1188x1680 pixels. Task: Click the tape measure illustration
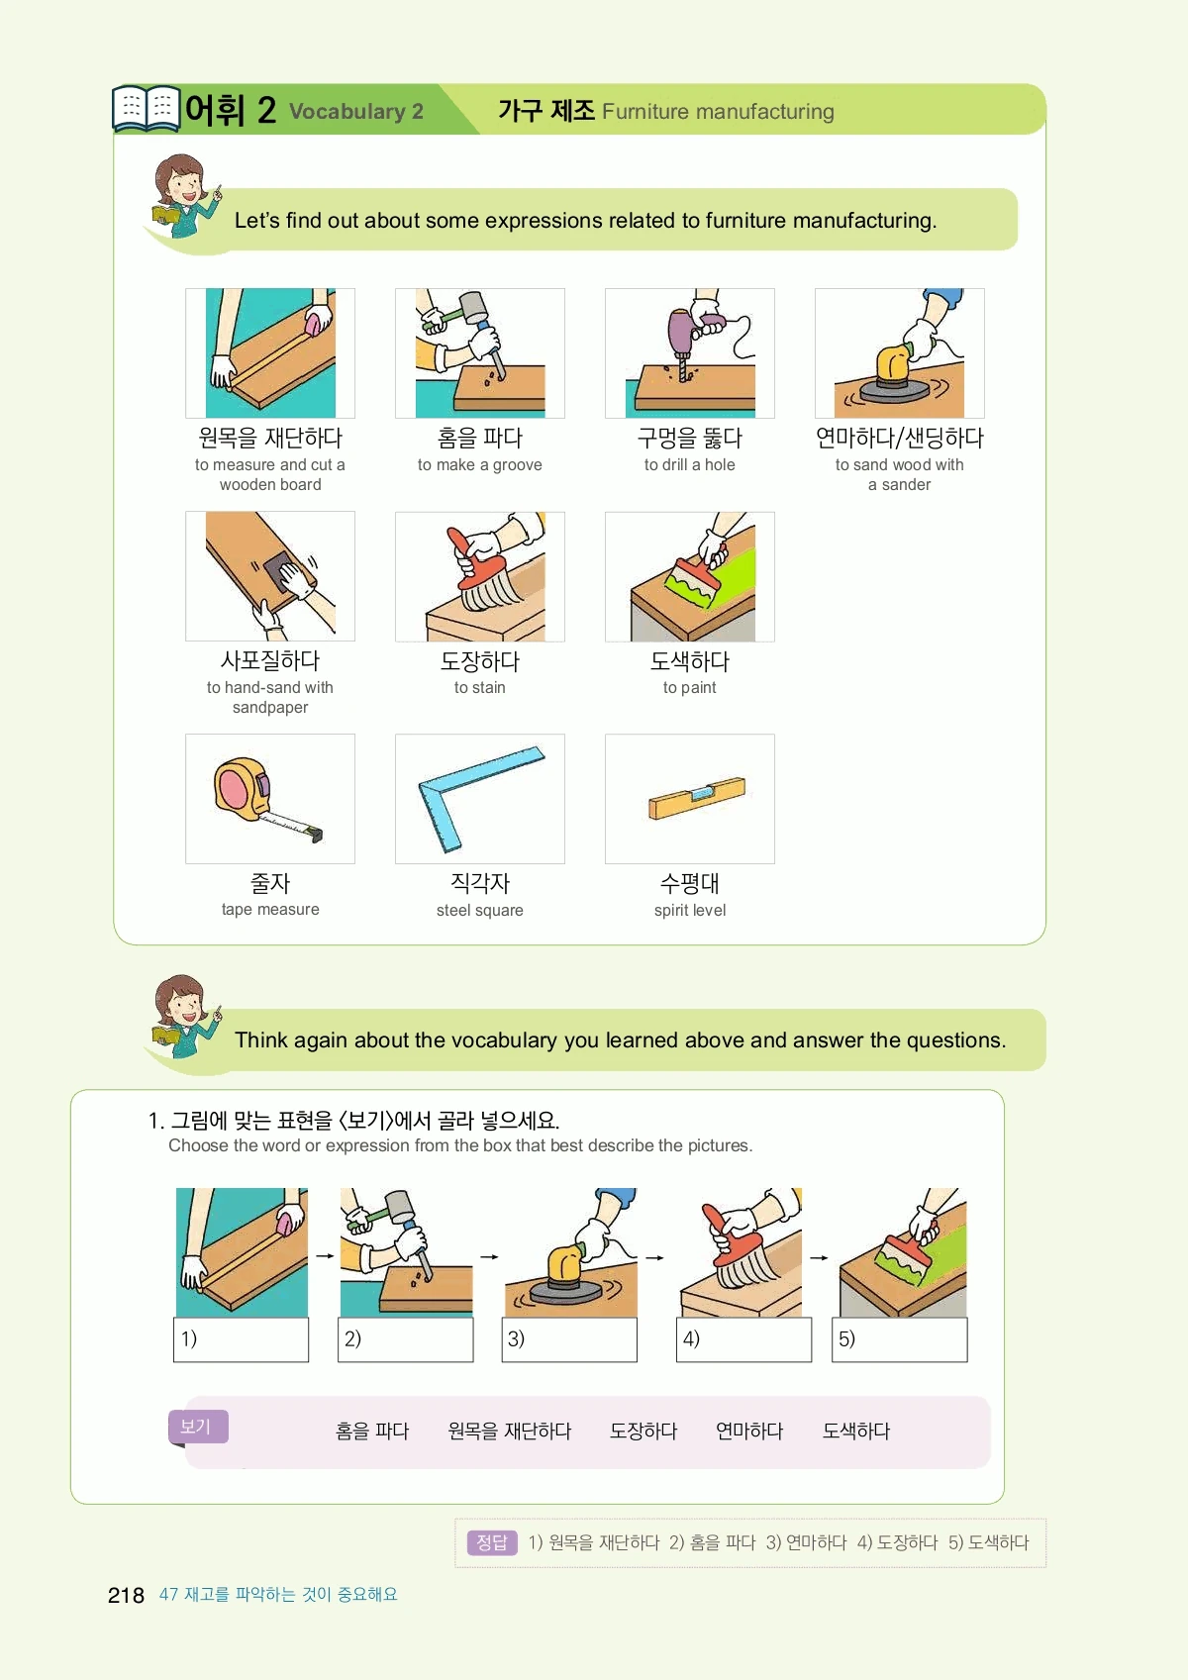[x=267, y=800]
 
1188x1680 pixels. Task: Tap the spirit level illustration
[x=697, y=797]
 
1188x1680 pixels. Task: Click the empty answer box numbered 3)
[x=569, y=1339]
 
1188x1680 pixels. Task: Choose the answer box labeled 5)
[x=899, y=1339]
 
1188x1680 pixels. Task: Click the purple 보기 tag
[x=198, y=1427]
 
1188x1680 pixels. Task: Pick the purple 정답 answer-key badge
[x=492, y=1542]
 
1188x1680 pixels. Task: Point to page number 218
[x=126, y=1595]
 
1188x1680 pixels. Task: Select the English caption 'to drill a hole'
[x=689, y=465]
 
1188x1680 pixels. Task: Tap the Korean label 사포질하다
[x=270, y=660]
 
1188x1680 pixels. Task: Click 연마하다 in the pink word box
[x=749, y=1431]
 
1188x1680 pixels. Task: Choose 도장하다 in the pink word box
[x=643, y=1431]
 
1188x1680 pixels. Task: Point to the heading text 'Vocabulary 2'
[x=356, y=112]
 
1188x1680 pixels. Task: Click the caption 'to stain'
[x=479, y=688]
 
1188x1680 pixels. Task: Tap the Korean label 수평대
[x=689, y=883]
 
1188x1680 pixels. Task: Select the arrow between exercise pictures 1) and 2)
[x=325, y=1256]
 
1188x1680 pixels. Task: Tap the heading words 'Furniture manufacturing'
[x=718, y=112]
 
